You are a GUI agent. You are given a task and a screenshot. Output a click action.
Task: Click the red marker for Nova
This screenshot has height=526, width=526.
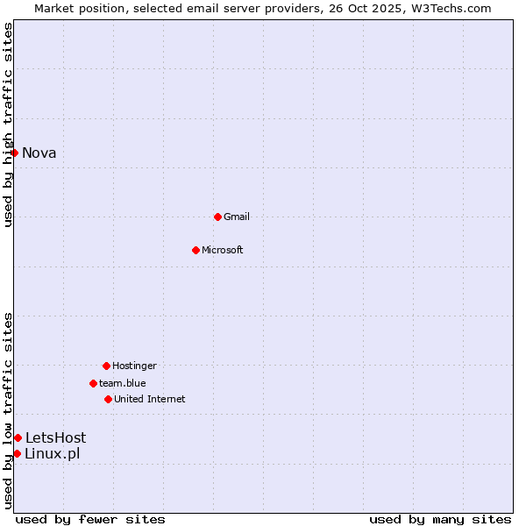click(14, 153)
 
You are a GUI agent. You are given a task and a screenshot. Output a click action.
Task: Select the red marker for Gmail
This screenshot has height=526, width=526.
click(217, 217)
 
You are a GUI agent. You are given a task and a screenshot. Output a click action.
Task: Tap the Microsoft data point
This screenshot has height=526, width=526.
click(195, 250)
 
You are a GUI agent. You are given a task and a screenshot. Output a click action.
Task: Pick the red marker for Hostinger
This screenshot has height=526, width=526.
click(106, 366)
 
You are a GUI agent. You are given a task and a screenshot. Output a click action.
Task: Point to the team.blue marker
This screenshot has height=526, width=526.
click(93, 383)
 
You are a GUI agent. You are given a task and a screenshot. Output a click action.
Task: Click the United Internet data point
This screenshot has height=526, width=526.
click(108, 399)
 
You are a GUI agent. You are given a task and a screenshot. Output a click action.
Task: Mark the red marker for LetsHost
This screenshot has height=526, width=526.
click(18, 437)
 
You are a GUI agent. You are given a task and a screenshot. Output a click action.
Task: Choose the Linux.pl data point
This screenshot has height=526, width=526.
click(17, 453)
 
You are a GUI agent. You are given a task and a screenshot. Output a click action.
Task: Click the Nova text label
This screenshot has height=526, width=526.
click(39, 153)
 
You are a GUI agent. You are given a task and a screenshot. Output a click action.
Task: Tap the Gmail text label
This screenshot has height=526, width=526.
click(237, 217)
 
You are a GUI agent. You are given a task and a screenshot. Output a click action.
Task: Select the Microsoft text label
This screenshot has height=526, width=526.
click(223, 250)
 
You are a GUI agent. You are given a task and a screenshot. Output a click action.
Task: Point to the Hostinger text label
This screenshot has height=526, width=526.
click(134, 366)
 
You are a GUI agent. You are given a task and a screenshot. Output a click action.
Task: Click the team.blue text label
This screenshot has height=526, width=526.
click(123, 383)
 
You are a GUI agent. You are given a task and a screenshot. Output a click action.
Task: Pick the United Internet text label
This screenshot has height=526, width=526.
click(150, 399)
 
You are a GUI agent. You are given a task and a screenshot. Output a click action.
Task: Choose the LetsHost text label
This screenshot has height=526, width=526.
click(55, 437)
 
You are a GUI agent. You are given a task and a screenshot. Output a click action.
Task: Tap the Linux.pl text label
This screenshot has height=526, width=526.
click(52, 453)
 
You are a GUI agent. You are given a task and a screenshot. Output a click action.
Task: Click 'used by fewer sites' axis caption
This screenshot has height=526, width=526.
click(90, 520)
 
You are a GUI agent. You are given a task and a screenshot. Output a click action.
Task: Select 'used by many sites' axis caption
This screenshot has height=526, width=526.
click(440, 520)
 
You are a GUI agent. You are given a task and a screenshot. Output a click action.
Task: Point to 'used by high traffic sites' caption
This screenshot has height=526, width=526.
click(8, 124)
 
